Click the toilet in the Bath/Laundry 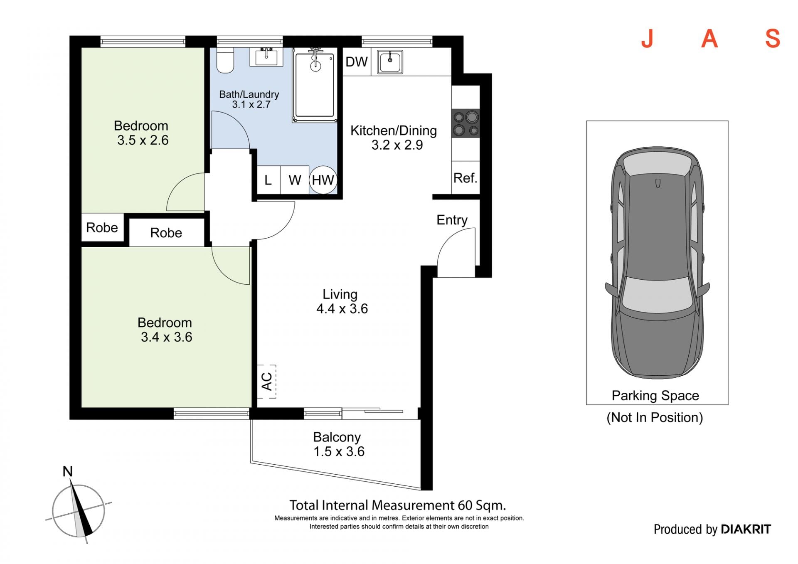coord(225,60)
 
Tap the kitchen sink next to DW coord(390,62)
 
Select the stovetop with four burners coord(465,123)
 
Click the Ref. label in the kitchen coord(465,178)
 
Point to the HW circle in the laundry coord(323,180)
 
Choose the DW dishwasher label coord(357,62)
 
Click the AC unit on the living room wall coord(266,382)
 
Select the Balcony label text coord(337,437)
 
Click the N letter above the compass coord(67,471)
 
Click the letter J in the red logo coord(648,39)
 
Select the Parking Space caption coord(655,395)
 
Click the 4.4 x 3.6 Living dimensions coord(342,309)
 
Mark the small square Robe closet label coord(102,227)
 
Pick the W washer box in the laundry coord(295,180)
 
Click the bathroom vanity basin coord(266,57)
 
